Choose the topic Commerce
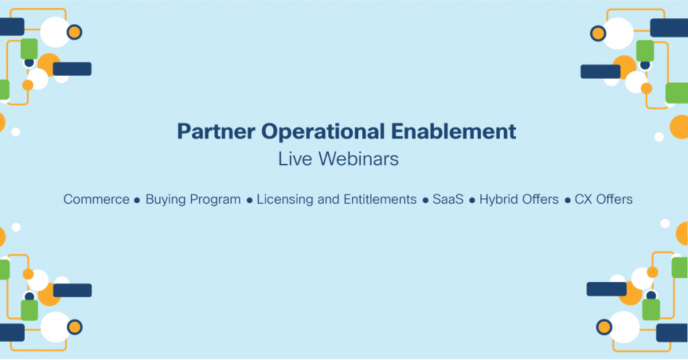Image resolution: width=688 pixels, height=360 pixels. point(96,199)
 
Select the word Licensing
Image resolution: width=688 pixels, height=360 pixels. point(285,199)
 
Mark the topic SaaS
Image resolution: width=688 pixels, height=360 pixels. point(449,199)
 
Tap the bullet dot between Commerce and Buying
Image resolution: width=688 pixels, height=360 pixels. point(137,200)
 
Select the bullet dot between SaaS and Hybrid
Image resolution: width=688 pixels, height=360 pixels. point(472,200)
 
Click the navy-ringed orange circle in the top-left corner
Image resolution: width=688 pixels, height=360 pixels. point(75,32)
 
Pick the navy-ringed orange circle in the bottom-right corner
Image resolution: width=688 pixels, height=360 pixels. point(604,327)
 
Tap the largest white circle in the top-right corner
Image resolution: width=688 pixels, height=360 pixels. point(617,33)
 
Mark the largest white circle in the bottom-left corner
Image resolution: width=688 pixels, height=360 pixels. point(56,326)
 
